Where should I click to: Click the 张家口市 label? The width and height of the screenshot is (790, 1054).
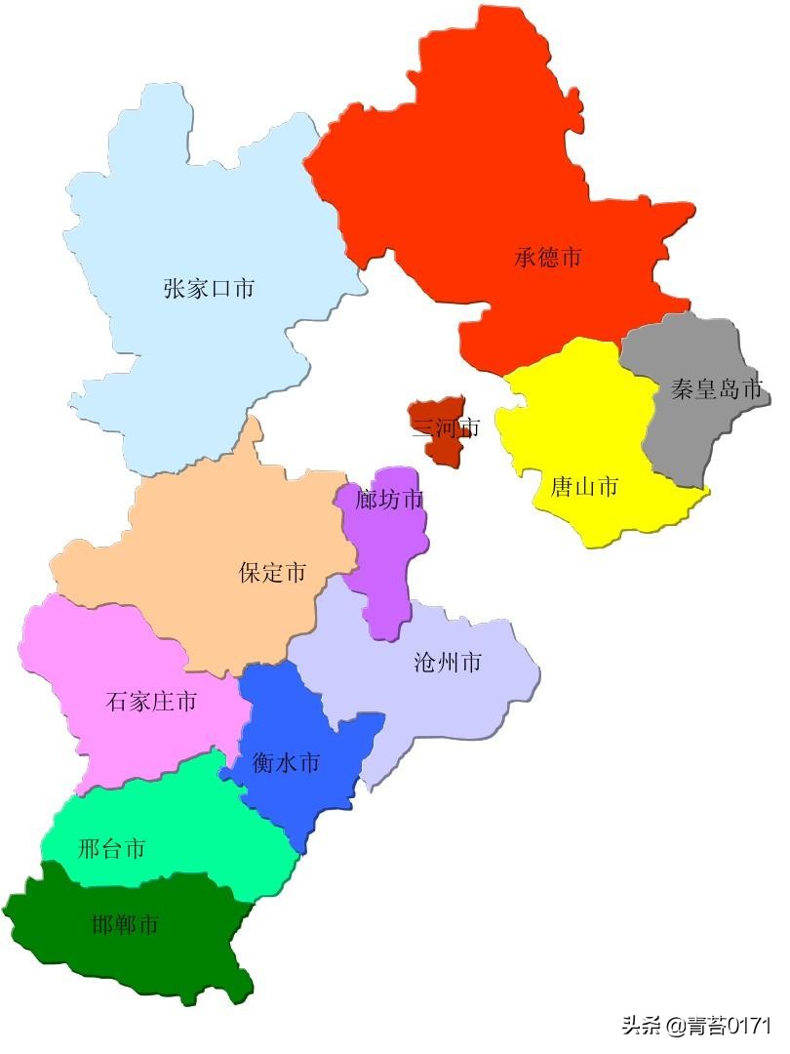(x=209, y=289)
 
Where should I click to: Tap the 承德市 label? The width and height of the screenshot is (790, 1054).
(x=548, y=258)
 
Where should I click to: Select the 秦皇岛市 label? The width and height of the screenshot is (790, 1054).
(x=716, y=389)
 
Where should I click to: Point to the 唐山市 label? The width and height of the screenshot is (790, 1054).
(x=584, y=486)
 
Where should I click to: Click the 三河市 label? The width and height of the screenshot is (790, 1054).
(x=446, y=427)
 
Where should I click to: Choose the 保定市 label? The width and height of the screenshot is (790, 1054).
(x=272, y=573)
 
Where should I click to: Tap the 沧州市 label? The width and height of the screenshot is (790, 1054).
(x=448, y=664)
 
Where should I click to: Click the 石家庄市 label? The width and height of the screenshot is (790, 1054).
(x=151, y=701)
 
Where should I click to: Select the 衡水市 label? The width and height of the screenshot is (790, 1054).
(x=286, y=763)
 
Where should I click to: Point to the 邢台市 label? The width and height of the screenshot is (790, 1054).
(x=111, y=849)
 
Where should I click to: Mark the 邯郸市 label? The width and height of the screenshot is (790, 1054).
(x=126, y=924)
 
